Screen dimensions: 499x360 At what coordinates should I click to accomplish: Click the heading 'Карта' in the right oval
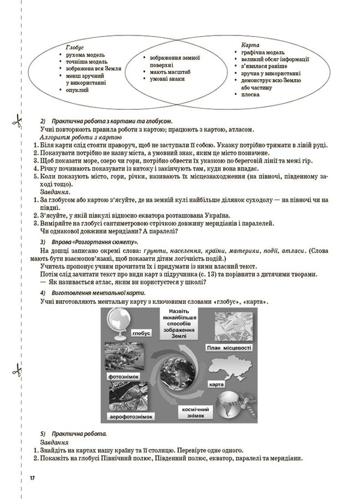point(250,45)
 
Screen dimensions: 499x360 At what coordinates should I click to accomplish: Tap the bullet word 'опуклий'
point(79,89)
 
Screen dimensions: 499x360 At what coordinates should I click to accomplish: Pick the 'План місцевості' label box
point(228,348)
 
